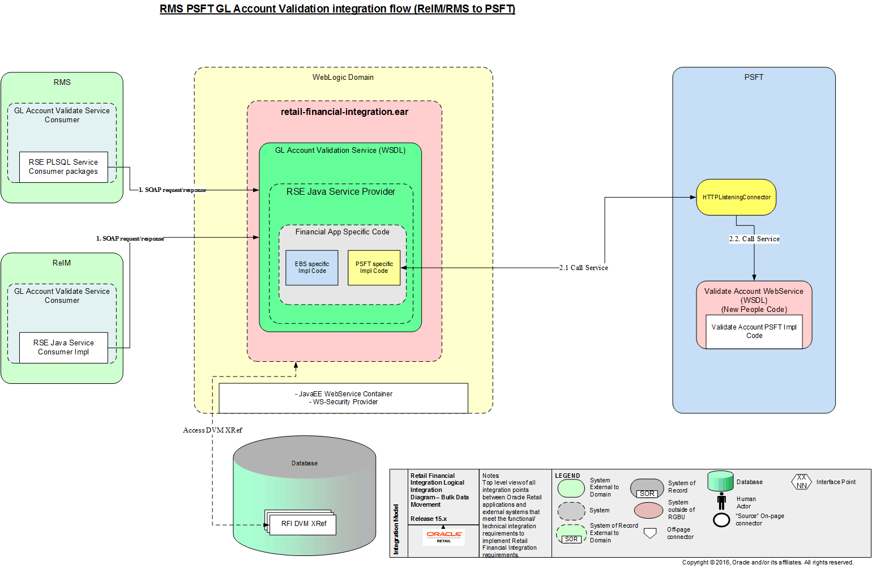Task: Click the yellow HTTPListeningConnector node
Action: [736, 198]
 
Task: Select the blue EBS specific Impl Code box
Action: [311, 268]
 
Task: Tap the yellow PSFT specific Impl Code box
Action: [374, 268]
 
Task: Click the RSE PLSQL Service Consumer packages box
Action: [63, 167]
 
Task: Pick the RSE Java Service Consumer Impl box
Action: [63, 348]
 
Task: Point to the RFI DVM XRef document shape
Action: [303, 524]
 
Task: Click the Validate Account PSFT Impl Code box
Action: [754, 332]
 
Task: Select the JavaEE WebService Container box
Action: [343, 398]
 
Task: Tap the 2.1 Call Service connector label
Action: [583, 268]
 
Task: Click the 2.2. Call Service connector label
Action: [754, 239]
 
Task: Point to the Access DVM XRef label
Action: [212, 430]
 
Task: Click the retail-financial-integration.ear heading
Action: [344, 112]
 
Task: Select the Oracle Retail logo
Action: [444, 536]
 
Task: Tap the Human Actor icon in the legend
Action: [721, 501]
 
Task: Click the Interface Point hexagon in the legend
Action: [801, 482]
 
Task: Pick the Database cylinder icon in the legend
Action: [720, 481]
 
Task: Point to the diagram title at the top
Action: [337, 9]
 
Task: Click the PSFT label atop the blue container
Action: [754, 77]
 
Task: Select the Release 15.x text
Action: [429, 519]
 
